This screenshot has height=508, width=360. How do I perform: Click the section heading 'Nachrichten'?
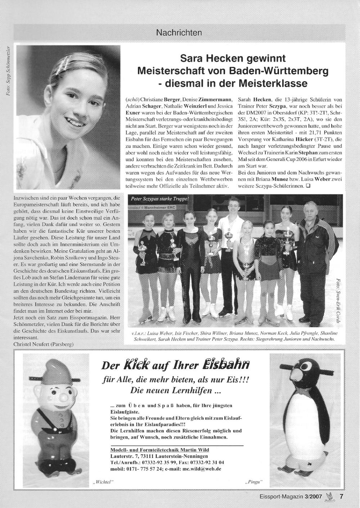pos(179,33)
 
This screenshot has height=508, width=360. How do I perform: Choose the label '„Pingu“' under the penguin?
pos(254,481)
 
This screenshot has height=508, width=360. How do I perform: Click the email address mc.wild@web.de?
pos(202,469)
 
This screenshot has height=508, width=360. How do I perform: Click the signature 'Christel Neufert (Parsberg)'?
pos(43,344)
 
